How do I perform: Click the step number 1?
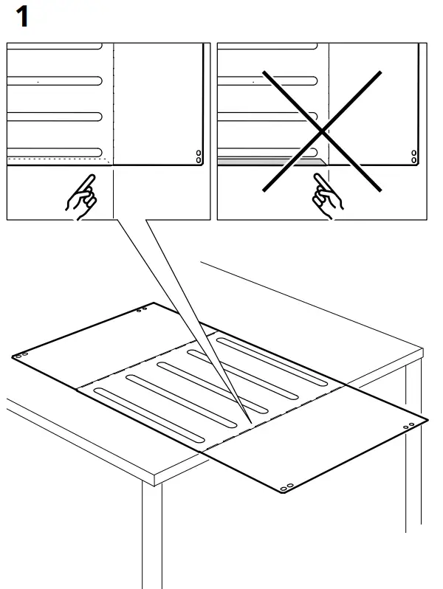[22, 16]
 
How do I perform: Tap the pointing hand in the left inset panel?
[82, 196]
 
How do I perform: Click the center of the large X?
[322, 131]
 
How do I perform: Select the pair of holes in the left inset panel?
[197, 156]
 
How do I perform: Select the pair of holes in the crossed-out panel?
[413, 156]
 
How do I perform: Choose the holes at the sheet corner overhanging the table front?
[286, 486]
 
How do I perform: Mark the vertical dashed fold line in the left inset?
[112, 103]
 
